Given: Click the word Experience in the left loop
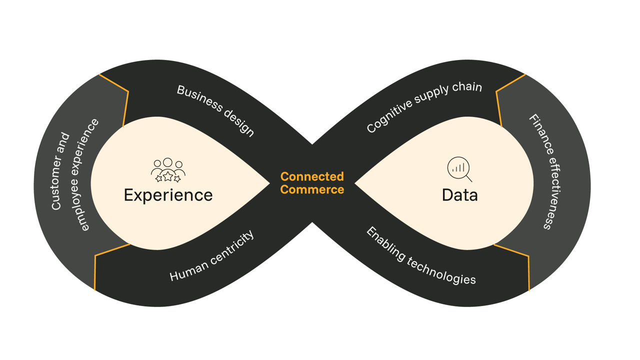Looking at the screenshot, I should pyautogui.click(x=168, y=194).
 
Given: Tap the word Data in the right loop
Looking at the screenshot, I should pyautogui.click(x=459, y=194).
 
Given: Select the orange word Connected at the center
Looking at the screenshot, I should pyautogui.click(x=312, y=176).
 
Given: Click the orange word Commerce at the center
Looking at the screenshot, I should pyautogui.click(x=312, y=189).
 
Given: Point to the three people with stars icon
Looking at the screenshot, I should pyautogui.click(x=168, y=170).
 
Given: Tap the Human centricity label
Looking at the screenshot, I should pyautogui.click(x=212, y=255).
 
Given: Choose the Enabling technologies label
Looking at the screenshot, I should pyautogui.click(x=420, y=255).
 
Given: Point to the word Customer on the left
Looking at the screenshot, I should pyautogui.click(x=60, y=170).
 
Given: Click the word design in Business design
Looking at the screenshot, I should pyautogui.click(x=238, y=122).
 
